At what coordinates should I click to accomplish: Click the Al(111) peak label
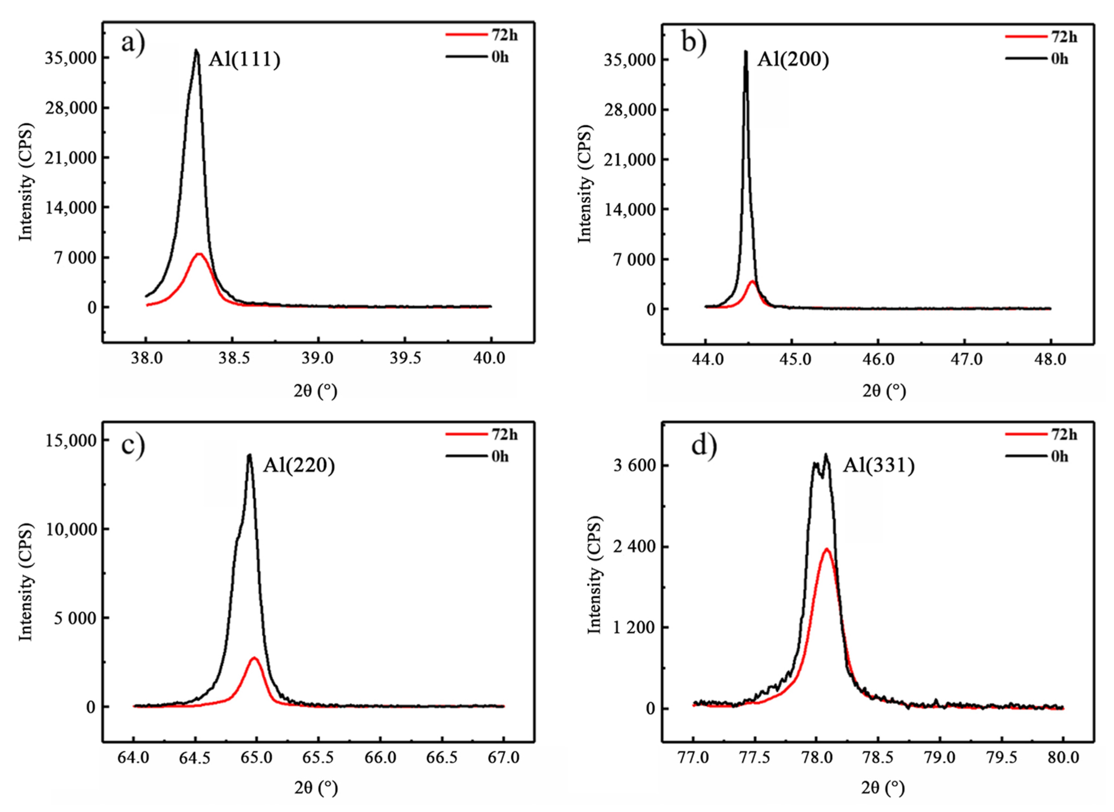(244, 59)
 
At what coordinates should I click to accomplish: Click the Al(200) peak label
(792, 59)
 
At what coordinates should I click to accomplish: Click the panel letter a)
(133, 43)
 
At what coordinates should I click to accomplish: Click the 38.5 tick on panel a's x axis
(233, 358)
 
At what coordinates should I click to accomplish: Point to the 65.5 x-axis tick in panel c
(318, 758)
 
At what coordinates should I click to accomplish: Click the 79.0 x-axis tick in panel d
(940, 758)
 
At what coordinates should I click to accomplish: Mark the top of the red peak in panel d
(827, 549)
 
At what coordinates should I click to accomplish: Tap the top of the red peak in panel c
(254, 658)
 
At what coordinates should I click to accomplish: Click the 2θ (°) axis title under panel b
(883, 391)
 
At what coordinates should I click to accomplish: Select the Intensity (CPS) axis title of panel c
(26, 582)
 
